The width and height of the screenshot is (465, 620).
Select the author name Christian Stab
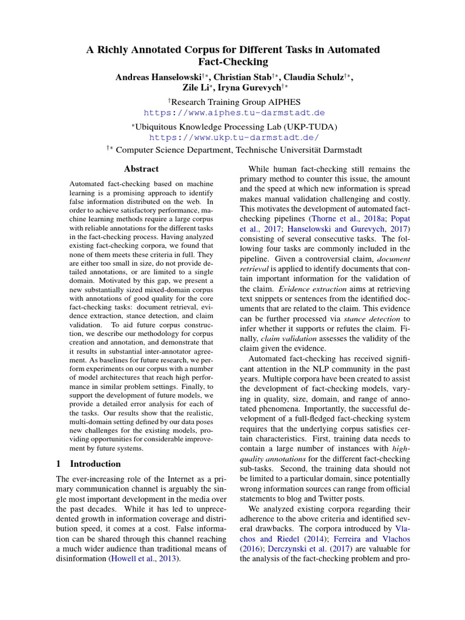click(x=241, y=77)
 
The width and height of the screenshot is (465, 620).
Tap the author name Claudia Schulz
click(x=318, y=77)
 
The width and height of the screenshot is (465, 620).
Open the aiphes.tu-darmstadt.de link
click(x=234, y=113)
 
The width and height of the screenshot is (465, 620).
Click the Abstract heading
click(x=141, y=169)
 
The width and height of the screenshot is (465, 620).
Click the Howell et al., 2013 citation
click(x=145, y=559)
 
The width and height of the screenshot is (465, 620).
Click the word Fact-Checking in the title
click(x=233, y=61)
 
